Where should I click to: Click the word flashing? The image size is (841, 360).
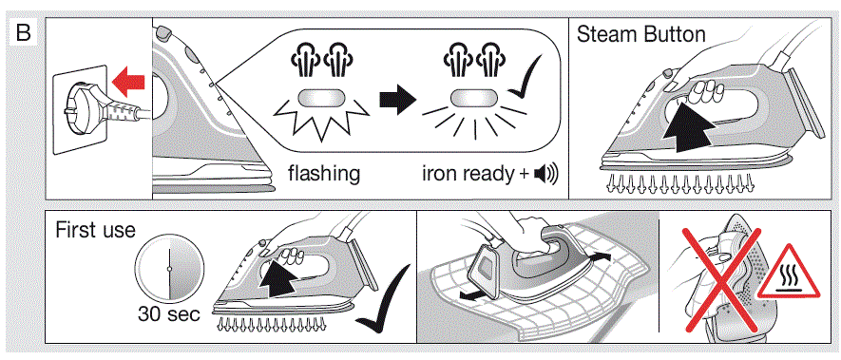(324, 174)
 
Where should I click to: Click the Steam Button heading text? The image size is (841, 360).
(641, 35)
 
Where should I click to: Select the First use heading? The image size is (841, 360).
(95, 230)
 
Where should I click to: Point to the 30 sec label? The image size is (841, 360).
(167, 314)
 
